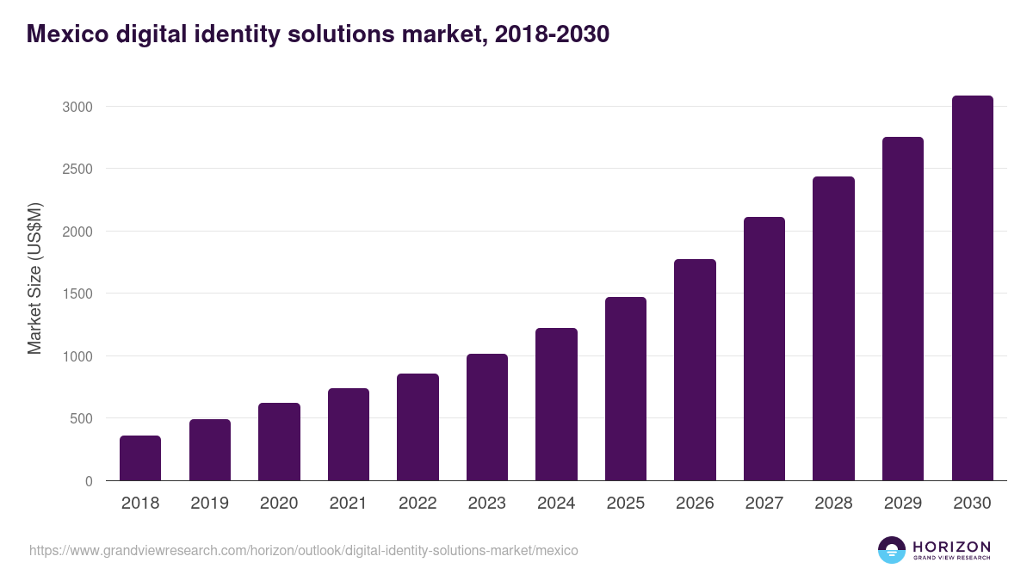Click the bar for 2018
140,458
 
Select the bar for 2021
348,435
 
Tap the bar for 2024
556,405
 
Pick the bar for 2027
764,349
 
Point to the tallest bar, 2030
972,288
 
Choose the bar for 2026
695,370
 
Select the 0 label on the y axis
89,481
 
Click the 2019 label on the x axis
209,504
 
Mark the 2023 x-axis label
486,504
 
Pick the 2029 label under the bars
902,504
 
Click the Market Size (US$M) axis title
34,279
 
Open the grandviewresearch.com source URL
303,550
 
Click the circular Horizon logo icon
891,550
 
